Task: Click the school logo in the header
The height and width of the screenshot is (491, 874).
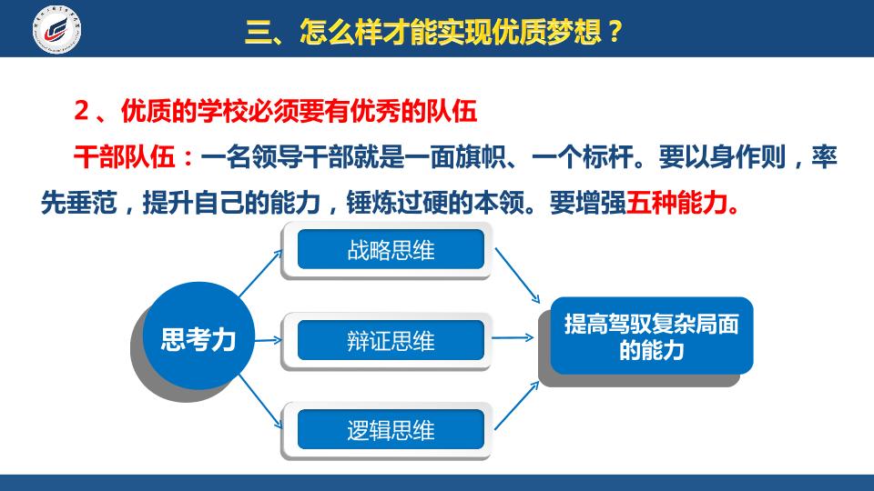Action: click(x=56, y=29)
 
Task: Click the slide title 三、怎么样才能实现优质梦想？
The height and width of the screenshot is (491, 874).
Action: click(x=433, y=31)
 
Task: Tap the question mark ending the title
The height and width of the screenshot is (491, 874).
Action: click(x=615, y=32)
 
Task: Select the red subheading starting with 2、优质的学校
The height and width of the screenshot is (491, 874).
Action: click(x=275, y=111)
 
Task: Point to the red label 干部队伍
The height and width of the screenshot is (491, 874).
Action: click(x=125, y=156)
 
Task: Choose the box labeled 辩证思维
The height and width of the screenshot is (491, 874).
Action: click(x=391, y=340)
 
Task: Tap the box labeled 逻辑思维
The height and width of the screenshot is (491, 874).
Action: click(x=391, y=430)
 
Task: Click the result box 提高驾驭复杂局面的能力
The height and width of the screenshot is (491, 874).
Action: click(x=652, y=336)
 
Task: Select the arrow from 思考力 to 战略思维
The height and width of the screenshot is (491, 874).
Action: click(x=260, y=273)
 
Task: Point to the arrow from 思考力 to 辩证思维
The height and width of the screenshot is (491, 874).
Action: click(x=268, y=339)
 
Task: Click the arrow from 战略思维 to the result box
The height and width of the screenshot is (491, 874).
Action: click(x=517, y=276)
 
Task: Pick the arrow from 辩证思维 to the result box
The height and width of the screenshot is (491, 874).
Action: click(x=513, y=337)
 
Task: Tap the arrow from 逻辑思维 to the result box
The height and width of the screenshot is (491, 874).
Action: click(x=517, y=406)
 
